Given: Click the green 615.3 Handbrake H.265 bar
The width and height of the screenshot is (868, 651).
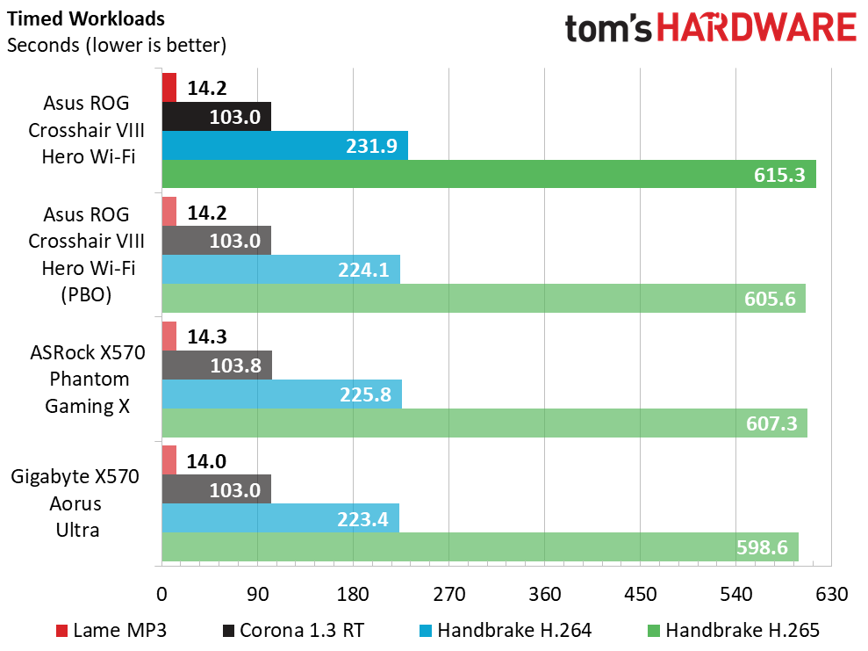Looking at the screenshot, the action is pyautogui.click(x=489, y=174).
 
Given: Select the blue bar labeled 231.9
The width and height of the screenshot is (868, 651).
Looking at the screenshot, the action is pyautogui.click(x=285, y=145).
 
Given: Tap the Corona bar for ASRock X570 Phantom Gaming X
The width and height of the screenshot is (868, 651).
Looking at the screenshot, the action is pyautogui.click(x=217, y=365).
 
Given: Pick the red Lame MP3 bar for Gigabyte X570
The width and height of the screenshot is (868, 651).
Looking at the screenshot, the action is pyautogui.click(x=169, y=460).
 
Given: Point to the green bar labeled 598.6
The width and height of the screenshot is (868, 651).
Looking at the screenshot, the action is pyautogui.click(x=480, y=546).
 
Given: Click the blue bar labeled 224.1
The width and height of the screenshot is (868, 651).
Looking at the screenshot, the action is pyautogui.click(x=281, y=269).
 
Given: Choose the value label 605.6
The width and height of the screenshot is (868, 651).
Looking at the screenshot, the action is pyautogui.click(x=770, y=300).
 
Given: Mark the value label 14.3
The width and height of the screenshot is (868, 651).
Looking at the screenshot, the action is pyautogui.click(x=207, y=336).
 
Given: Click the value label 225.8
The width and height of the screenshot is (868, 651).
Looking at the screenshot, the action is pyautogui.click(x=365, y=394).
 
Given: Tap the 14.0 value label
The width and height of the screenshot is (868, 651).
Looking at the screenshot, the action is pyautogui.click(x=206, y=461).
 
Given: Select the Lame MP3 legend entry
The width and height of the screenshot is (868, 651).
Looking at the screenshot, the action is pyautogui.click(x=111, y=631).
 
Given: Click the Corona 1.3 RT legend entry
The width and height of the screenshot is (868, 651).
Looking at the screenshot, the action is pyautogui.click(x=293, y=631).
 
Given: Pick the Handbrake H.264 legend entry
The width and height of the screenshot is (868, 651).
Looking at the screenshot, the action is pyautogui.click(x=506, y=631).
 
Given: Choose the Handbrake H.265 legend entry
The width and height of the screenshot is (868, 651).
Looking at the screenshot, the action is pyautogui.click(x=734, y=631).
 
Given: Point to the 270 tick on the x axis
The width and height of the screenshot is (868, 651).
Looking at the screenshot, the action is pyautogui.click(x=449, y=595).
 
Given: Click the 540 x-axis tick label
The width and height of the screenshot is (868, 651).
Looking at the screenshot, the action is pyautogui.click(x=736, y=595).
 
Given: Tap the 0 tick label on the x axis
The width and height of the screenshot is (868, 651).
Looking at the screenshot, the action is pyautogui.click(x=161, y=595).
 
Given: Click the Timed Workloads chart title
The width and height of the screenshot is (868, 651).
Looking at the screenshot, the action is pyautogui.click(x=86, y=18).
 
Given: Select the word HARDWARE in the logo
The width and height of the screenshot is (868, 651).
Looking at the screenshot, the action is pyautogui.click(x=757, y=28).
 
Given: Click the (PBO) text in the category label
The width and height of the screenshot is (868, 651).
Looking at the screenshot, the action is pyautogui.click(x=86, y=294).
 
